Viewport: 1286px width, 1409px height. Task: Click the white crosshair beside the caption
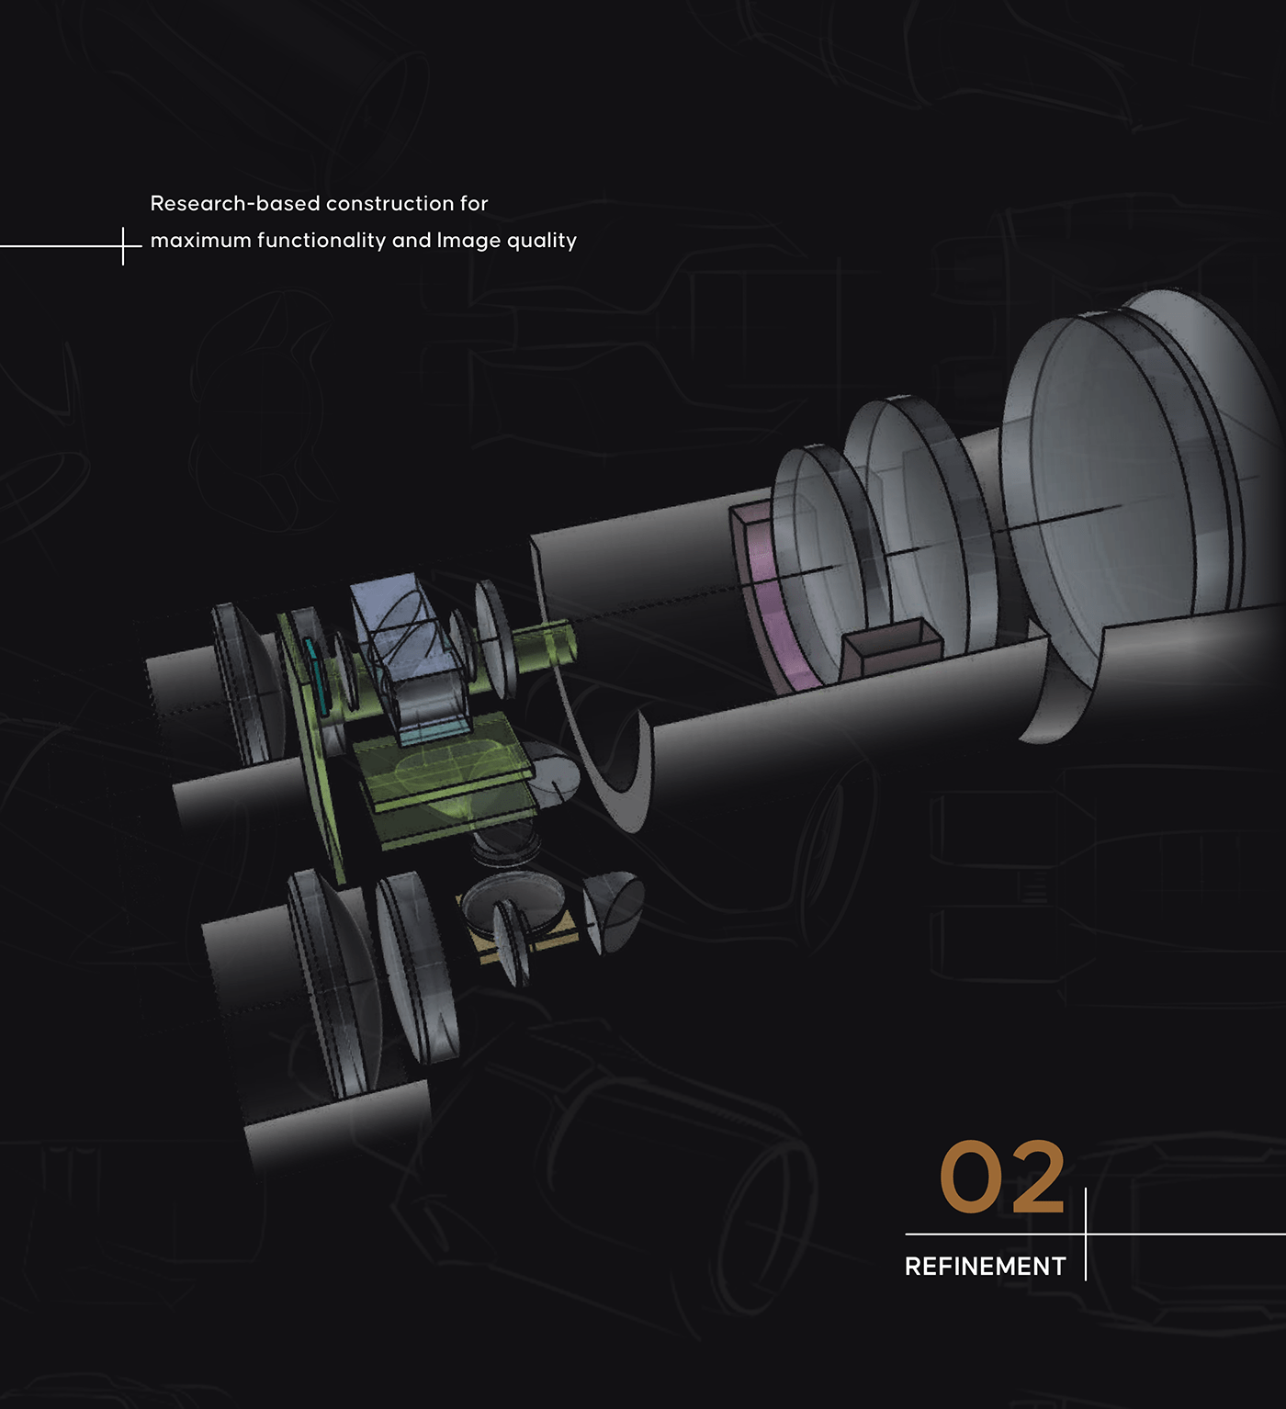(123, 246)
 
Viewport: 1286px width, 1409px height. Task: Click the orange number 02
(1001, 1177)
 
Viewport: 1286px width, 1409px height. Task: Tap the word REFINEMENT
(985, 1267)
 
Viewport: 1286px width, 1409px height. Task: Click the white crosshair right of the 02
(1086, 1234)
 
